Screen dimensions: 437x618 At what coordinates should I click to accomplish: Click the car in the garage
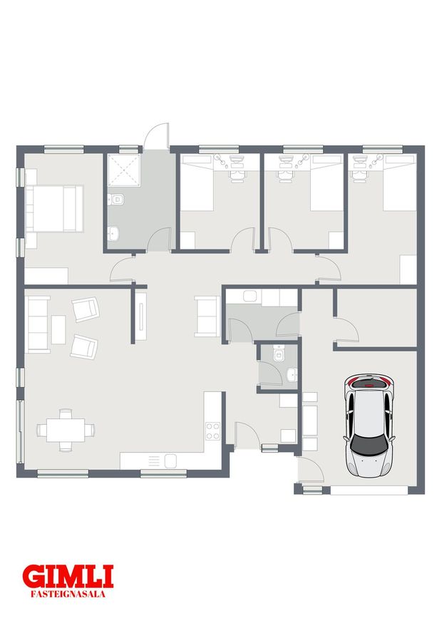[x=369, y=426]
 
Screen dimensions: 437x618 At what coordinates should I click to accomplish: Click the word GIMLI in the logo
[x=68, y=577]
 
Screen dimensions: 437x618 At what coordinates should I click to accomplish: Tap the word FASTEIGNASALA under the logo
[x=68, y=594]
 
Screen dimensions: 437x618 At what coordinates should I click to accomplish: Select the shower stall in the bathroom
[x=124, y=170]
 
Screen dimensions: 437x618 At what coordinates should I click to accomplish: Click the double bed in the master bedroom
[x=54, y=209]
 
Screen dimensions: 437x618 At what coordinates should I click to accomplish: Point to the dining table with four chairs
[x=66, y=430]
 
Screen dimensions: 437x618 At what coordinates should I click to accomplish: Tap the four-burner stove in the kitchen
[x=212, y=431]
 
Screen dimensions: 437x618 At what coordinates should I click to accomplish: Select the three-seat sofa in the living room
[x=38, y=324]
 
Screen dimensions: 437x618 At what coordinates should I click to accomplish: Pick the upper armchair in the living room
[x=85, y=309]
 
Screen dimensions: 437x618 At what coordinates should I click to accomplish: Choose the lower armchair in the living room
[x=84, y=347]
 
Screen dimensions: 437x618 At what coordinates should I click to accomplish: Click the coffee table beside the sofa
[x=58, y=329]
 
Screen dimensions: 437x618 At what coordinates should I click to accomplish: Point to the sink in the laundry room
[x=250, y=296]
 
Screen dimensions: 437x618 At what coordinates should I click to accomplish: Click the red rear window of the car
[x=369, y=382]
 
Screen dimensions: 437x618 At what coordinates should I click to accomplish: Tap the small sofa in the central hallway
[x=207, y=316]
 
